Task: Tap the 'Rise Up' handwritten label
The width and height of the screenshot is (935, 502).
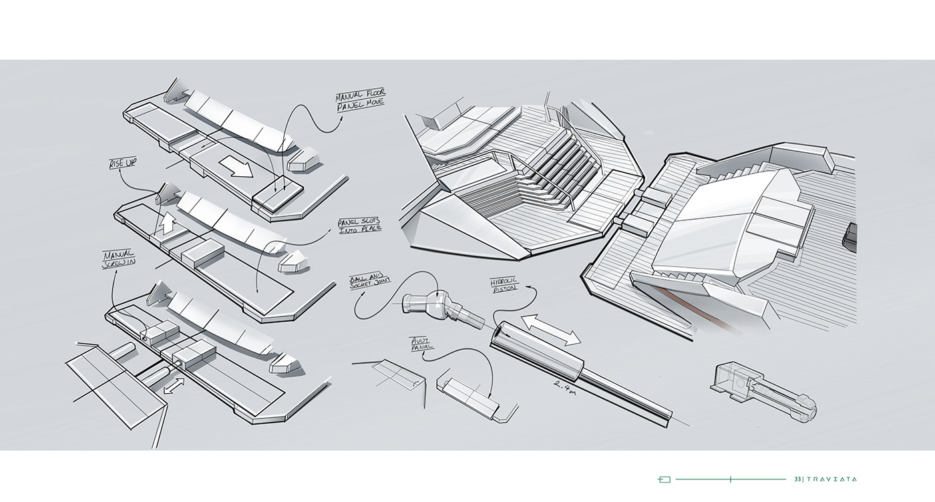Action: (124, 163)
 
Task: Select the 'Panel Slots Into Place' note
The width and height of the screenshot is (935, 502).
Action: (359, 224)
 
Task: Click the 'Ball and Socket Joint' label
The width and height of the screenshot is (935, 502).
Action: (369, 282)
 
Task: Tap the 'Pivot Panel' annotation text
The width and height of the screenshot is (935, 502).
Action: (422, 343)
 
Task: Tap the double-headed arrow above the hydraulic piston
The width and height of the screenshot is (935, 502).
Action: (551, 330)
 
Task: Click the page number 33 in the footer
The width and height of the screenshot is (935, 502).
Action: (797, 479)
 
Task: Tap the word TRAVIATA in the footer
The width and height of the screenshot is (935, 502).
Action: (832, 479)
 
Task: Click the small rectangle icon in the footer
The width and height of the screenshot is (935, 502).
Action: (664, 479)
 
